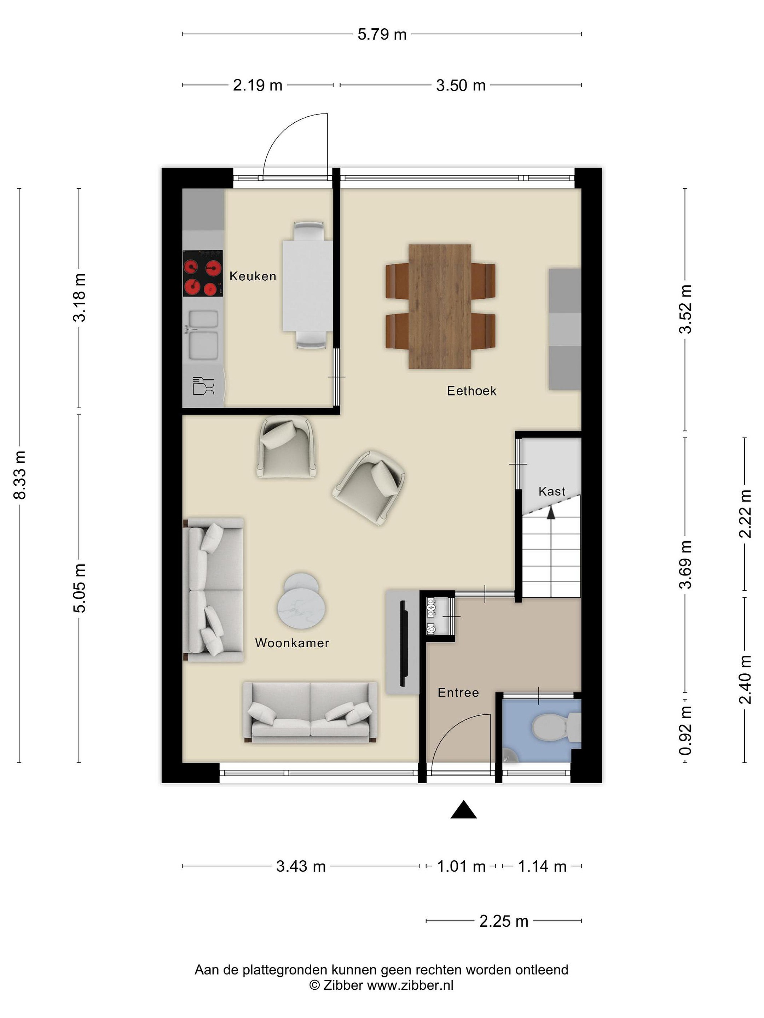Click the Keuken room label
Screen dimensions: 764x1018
(253, 276)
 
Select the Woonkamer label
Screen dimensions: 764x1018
(292, 643)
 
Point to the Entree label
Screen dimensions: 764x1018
(458, 692)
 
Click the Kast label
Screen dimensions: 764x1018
(552, 492)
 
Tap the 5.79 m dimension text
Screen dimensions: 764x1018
(382, 35)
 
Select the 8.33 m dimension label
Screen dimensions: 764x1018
(20, 475)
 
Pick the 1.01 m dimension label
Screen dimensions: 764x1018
(461, 867)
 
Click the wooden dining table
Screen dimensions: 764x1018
(440, 306)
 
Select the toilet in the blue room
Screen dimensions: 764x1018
(556, 727)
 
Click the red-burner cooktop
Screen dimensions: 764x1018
(203, 273)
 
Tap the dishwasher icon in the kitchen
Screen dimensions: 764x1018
(203, 386)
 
